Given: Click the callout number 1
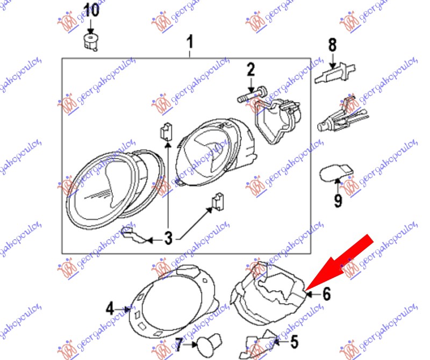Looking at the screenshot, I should click(x=189, y=41).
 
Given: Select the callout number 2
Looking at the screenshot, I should click(x=250, y=69).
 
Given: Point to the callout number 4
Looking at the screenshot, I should click(x=110, y=308).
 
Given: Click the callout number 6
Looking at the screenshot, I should click(x=326, y=293).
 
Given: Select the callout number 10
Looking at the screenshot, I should click(x=91, y=10).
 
